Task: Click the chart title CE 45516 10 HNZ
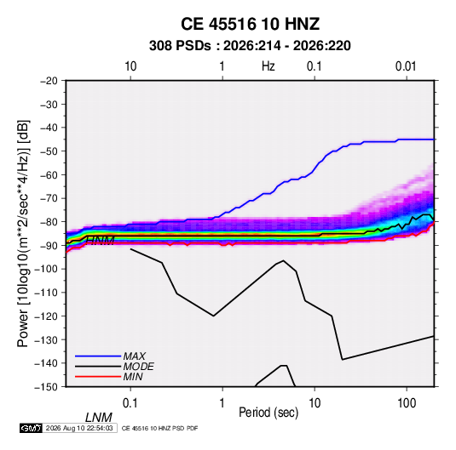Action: tap(250, 24)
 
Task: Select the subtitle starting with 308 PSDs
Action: tap(250, 46)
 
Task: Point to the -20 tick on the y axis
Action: tap(49, 81)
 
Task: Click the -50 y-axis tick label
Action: tap(49, 151)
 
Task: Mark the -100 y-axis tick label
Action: tap(46, 269)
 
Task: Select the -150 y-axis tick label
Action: tap(46, 387)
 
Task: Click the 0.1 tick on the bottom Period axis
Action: tap(130, 403)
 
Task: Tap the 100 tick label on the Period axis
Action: tap(407, 403)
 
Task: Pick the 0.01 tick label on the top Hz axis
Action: tap(406, 66)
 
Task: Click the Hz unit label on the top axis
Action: tap(268, 66)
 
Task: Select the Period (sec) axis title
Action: tap(268, 413)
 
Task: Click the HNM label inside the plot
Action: tap(101, 241)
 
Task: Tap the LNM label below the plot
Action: tap(99, 418)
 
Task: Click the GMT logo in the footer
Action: tap(32, 428)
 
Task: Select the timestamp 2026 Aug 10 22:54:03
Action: tap(79, 428)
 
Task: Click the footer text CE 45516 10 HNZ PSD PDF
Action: tap(159, 428)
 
